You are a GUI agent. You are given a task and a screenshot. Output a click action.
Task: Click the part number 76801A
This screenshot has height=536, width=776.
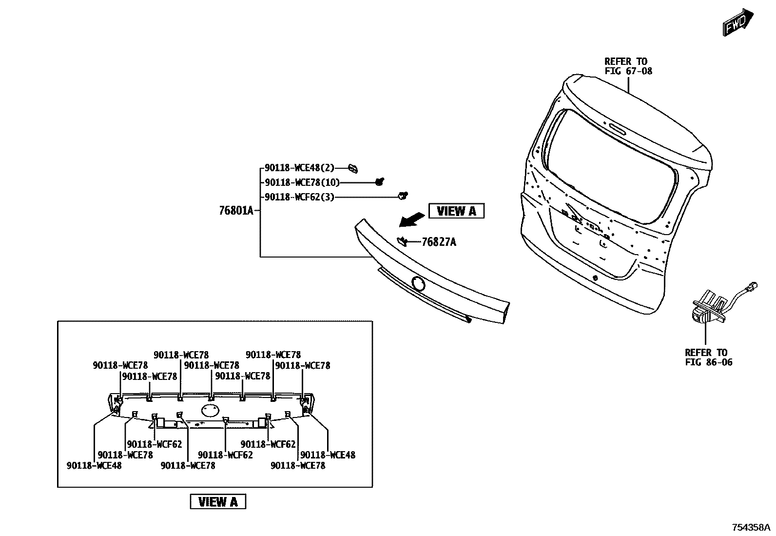(236, 211)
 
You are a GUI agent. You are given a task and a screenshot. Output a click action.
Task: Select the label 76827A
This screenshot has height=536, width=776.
(439, 242)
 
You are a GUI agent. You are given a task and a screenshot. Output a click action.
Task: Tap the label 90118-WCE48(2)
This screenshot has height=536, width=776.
(300, 168)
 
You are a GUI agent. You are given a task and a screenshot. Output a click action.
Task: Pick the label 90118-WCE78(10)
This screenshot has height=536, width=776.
(302, 182)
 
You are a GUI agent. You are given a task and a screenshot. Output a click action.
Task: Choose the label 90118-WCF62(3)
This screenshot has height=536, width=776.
(300, 197)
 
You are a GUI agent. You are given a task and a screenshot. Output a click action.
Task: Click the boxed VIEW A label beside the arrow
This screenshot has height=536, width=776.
(456, 211)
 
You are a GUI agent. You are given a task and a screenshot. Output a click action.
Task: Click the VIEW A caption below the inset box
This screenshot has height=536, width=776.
(218, 501)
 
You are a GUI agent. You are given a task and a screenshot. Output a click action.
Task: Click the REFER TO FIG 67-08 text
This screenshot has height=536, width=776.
(628, 66)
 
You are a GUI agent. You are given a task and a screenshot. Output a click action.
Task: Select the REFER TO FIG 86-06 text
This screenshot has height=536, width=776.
(708, 357)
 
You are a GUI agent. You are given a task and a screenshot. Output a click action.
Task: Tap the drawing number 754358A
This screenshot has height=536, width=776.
(751, 527)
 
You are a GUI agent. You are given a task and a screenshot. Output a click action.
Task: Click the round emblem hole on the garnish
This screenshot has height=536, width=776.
(418, 283)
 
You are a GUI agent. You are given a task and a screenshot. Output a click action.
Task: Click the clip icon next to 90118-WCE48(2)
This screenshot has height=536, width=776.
(353, 169)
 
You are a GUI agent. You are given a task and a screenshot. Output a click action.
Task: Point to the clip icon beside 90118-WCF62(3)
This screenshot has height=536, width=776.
(403, 196)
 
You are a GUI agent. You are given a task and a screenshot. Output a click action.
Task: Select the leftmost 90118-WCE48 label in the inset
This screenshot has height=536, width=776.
(94, 465)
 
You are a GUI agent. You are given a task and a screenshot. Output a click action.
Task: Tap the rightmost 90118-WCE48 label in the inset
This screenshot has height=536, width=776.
(328, 455)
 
